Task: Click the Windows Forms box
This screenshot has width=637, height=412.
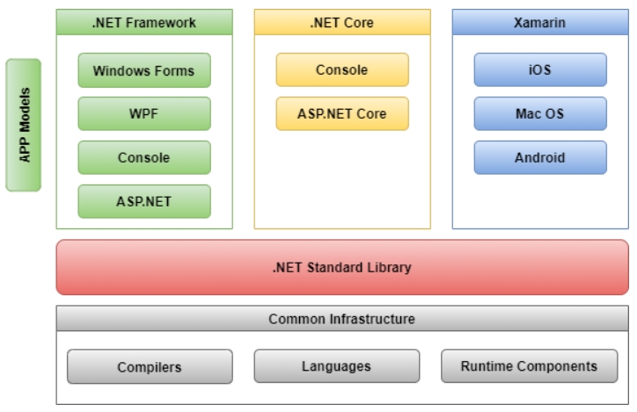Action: click(144, 70)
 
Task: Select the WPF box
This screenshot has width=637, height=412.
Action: click(144, 113)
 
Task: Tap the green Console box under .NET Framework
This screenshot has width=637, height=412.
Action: click(144, 157)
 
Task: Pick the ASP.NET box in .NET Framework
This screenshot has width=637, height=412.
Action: click(144, 201)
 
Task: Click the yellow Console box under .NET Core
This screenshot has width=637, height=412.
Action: click(342, 69)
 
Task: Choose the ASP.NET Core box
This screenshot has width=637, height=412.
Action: click(342, 113)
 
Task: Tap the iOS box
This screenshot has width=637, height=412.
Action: click(540, 69)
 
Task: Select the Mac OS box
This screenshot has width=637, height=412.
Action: click(540, 113)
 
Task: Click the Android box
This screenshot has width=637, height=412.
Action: click(540, 157)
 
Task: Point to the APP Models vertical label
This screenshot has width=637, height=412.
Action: click(23, 125)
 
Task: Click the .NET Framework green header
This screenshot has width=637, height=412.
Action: click(144, 22)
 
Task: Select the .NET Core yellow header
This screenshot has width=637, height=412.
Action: click(342, 22)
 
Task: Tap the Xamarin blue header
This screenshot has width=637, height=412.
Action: click(540, 22)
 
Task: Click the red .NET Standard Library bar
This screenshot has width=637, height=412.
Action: click(342, 267)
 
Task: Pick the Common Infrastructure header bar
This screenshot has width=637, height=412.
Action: click(342, 319)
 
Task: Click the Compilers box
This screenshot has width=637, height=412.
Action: click(150, 366)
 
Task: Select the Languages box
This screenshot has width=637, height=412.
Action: click(337, 366)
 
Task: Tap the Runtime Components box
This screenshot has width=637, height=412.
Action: click(530, 366)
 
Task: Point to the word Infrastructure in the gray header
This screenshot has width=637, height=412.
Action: click(372, 319)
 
